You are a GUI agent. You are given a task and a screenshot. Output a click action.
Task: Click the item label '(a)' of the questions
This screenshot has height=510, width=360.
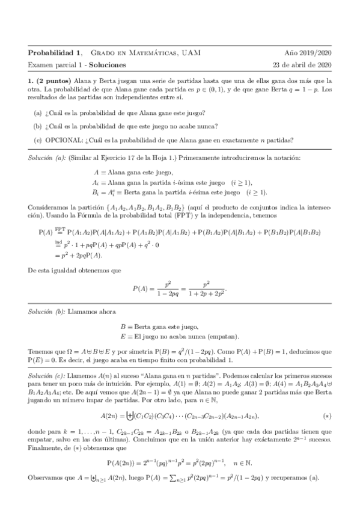coord(38,112)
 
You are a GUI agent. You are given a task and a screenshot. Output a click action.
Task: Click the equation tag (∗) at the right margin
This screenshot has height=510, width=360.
coord(326,416)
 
